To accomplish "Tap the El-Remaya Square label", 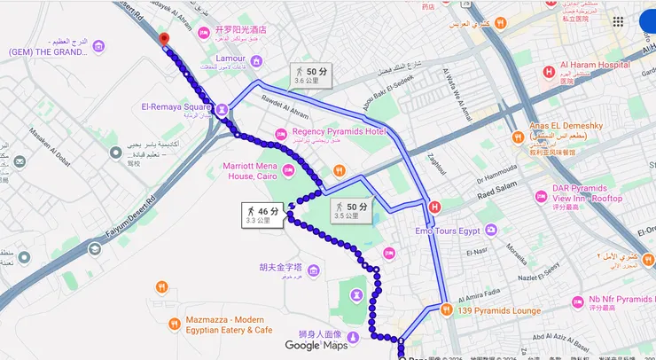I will click(x=176, y=109).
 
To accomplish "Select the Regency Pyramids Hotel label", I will click(x=340, y=133).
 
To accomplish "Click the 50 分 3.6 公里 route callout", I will click(x=312, y=74).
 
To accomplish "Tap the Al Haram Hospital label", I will click(x=595, y=65).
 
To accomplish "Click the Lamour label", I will click(x=230, y=59).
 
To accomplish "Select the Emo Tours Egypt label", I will click(x=448, y=231).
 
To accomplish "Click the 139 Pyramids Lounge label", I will click(x=499, y=310).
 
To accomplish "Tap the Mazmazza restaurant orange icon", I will click(x=161, y=286).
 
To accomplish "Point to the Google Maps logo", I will click(x=316, y=345).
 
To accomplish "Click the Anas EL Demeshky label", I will click(x=565, y=126).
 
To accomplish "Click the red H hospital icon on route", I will click(x=434, y=207).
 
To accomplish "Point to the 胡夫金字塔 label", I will click(x=280, y=267).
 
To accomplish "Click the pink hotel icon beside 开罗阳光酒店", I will click(x=204, y=33).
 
